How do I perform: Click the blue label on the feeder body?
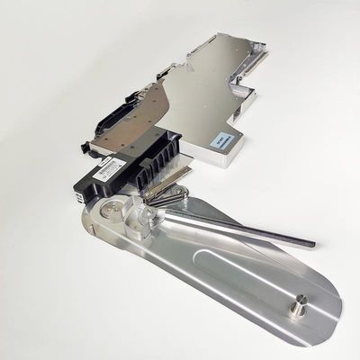222,140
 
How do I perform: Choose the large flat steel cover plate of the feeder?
198,99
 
